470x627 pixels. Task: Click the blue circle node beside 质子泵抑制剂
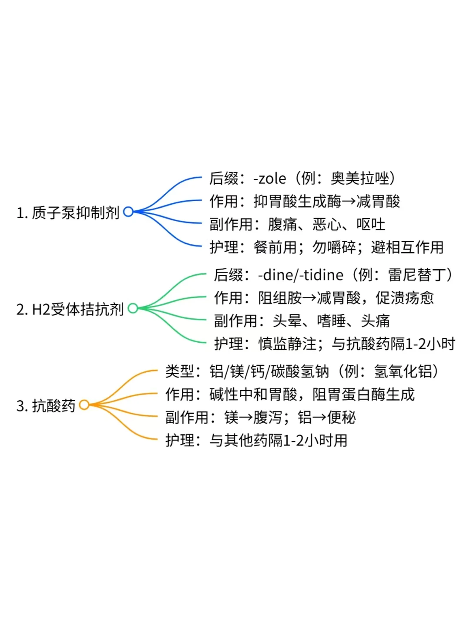(x=128, y=212)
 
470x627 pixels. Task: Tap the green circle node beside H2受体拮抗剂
(x=133, y=308)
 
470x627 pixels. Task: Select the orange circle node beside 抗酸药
(x=84, y=405)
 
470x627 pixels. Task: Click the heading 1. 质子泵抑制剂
(x=68, y=212)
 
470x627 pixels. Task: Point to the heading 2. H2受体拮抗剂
(x=70, y=309)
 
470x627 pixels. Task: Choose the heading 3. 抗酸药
(x=46, y=406)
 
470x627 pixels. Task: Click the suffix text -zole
(x=270, y=179)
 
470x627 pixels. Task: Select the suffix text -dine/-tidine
(x=301, y=275)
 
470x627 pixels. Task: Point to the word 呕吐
(x=371, y=225)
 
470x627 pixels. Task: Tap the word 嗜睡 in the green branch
(x=331, y=321)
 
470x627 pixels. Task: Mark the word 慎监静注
(x=287, y=344)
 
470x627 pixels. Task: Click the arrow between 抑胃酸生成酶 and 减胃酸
(x=349, y=202)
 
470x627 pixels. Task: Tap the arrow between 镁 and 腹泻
(x=246, y=418)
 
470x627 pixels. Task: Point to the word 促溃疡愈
(x=405, y=298)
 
